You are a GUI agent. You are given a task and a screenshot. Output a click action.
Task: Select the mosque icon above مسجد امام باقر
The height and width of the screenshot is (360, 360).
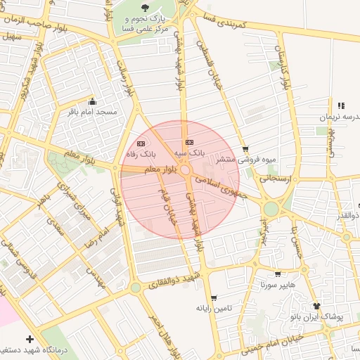(x=92, y=101)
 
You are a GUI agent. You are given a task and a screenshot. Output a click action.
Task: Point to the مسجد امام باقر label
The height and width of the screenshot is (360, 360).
(x=92, y=112)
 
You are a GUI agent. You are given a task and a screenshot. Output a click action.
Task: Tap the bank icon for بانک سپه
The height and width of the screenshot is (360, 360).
(x=188, y=142)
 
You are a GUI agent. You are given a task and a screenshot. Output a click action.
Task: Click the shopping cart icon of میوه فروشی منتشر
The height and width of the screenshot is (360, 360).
(x=245, y=149)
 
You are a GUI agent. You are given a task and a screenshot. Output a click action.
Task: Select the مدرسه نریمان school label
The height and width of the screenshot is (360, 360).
(x=338, y=117)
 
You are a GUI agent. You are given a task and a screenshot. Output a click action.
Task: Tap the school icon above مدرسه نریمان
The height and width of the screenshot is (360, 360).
(x=342, y=105)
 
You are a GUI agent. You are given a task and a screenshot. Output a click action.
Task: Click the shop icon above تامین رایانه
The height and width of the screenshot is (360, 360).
(x=214, y=298)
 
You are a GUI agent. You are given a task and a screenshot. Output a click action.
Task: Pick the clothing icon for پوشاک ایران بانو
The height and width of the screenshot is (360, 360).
(x=316, y=306)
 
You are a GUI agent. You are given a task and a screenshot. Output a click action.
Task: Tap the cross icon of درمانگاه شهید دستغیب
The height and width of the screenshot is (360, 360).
(x=30, y=339)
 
